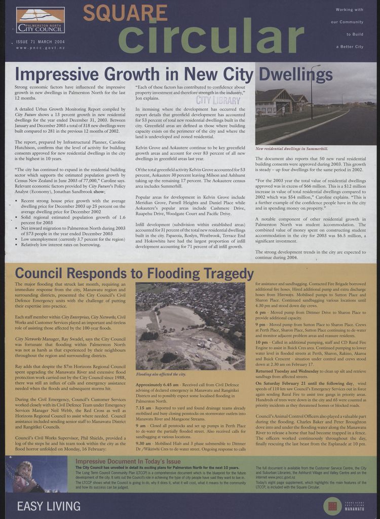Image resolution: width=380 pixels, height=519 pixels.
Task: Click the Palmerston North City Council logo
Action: [x=40, y=20]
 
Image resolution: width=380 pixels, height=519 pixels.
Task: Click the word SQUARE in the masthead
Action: [x=118, y=13]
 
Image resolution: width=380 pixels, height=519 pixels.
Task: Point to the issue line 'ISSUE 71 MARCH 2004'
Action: [x=41, y=42]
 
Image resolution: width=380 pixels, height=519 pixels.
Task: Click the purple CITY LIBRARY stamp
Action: [x=218, y=100]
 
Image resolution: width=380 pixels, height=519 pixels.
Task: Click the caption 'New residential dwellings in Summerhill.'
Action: [x=291, y=149]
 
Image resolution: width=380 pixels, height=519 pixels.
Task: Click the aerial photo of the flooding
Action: [x=190, y=326]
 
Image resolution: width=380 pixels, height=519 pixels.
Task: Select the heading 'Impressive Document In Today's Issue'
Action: [x=128, y=462]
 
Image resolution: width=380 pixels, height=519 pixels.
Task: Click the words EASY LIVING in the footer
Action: [x=49, y=506]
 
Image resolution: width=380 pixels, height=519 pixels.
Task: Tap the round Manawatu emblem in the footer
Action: [x=333, y=506]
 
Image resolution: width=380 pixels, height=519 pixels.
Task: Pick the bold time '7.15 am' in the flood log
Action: [x=144, y=407]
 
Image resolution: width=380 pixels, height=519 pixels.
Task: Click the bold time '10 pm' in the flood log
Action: [x=261, y=343]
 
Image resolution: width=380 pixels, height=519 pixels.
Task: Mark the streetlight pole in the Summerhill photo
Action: [x=312, y=91]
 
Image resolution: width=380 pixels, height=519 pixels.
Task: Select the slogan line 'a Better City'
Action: [x=350, y=47]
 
